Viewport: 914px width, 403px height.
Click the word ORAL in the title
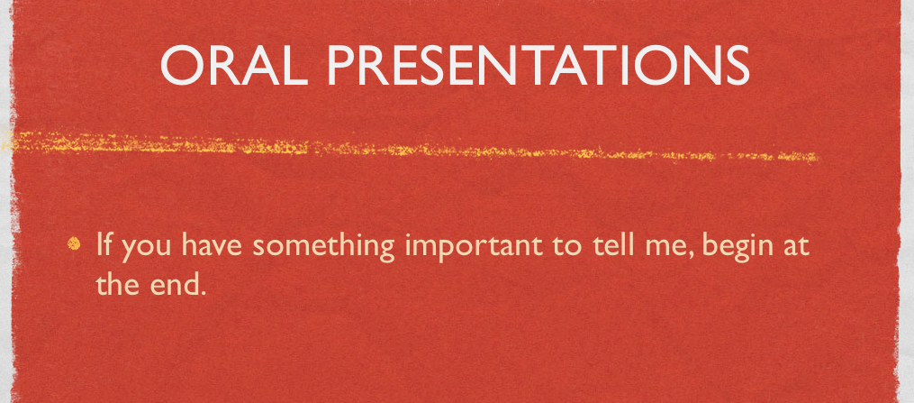234,65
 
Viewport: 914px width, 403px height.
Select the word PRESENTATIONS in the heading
538,65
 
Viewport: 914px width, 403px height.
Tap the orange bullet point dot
74,243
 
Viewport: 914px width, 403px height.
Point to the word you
145,247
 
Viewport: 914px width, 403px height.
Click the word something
325,247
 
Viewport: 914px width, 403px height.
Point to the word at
795,245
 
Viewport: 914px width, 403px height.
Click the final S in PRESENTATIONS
737,65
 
